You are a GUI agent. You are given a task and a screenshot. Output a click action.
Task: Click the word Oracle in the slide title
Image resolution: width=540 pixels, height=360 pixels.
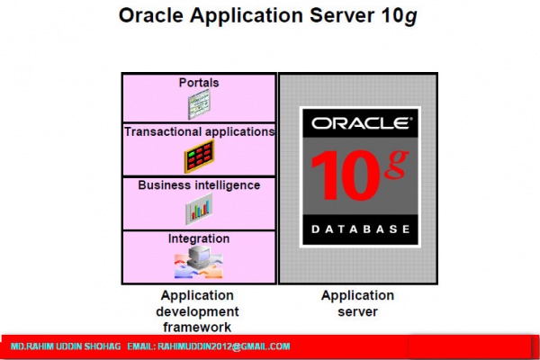[150, 15]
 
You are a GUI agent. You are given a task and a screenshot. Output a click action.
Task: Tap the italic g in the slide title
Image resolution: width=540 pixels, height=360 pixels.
[410, 17]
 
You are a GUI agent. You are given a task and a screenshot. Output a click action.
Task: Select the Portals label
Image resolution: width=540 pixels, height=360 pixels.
[199, 83]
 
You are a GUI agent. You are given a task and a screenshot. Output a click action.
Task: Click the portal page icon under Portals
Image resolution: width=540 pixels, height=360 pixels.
[199, 104]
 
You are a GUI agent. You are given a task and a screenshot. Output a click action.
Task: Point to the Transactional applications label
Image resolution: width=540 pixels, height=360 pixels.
[200, 131]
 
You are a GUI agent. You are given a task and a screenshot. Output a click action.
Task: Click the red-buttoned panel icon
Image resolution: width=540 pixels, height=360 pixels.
[199, 157]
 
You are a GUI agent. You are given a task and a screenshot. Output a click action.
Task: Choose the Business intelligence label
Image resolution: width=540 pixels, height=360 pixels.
[199, 185]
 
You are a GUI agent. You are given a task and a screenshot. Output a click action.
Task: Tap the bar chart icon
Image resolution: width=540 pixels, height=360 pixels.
[199, 209]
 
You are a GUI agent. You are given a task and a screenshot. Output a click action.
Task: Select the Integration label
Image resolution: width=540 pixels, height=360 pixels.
[199, 238]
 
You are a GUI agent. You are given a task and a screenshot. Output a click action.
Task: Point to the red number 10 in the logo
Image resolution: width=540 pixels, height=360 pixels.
[345, 175]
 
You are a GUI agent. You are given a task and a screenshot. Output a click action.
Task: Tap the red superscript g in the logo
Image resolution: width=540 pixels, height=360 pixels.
[397, 162]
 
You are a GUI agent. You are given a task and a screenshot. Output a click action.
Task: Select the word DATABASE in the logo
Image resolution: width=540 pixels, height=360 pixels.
[361, 229]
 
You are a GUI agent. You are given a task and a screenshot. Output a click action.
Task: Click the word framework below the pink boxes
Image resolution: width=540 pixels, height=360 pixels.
[197, 328]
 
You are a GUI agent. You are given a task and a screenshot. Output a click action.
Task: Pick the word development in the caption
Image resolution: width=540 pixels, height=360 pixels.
[197, 311]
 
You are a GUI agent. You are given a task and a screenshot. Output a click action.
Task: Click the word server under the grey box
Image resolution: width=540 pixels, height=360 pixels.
[358, 311]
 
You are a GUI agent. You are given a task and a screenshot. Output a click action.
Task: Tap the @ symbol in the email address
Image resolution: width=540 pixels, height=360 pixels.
[237, 346]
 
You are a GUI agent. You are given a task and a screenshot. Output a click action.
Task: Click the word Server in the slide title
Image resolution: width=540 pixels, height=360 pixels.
[342, 15]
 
